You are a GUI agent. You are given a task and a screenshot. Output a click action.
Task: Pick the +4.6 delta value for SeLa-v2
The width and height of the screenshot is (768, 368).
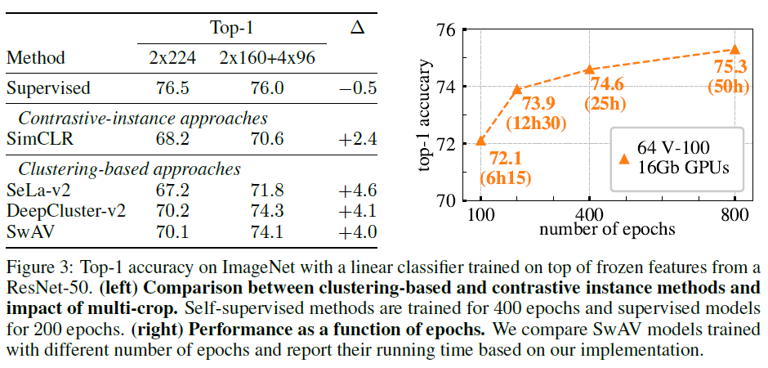pos(357,191)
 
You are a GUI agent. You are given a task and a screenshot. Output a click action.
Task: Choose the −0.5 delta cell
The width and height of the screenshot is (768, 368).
pos(357,88)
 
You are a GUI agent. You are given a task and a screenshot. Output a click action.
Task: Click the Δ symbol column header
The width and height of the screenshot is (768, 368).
pos(357,28)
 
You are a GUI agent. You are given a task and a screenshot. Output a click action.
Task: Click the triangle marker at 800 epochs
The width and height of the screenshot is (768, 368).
pos(735,50)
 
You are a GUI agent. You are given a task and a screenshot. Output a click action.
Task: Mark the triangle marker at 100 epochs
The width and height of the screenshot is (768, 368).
pos(480,141)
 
